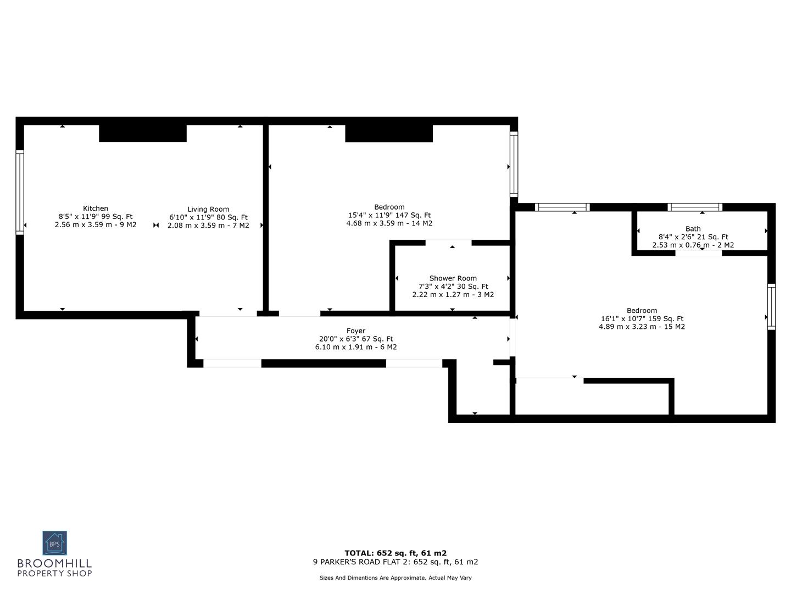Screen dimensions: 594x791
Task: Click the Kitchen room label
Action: tap(96, 208)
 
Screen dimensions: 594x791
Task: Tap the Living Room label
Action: tap(208, 209)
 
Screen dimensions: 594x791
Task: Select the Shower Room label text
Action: tap(453, 278)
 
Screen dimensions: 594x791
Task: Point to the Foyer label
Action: tap(355, 331)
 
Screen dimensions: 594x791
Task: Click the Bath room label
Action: tap(693, 229)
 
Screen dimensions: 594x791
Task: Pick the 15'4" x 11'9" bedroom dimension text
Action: tap(389, 216)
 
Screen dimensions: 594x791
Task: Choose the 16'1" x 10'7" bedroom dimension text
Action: tap(642, 318)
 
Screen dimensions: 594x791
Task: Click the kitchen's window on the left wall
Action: tap(20, 193)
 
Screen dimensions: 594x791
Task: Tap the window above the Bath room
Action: tap(695, 207)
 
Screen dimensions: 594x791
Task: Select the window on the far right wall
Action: tap(771, 307)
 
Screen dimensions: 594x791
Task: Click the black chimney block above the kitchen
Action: tap(143, 133)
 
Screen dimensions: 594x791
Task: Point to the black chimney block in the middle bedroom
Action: tap(389, 133)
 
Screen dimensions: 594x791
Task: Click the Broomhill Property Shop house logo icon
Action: tap(55, 543)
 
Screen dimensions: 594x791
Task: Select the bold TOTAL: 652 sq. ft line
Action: tap(396, 553)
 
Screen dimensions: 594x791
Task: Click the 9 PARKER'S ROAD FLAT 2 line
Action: tap(396, 562)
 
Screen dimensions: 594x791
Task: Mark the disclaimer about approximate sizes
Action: tap(396, 578)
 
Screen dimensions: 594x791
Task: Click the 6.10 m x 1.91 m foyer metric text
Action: tap(355, 347)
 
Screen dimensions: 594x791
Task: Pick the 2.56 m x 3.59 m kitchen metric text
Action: tap(96, 225)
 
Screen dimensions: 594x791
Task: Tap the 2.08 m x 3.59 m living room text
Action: tap(208, 226)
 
